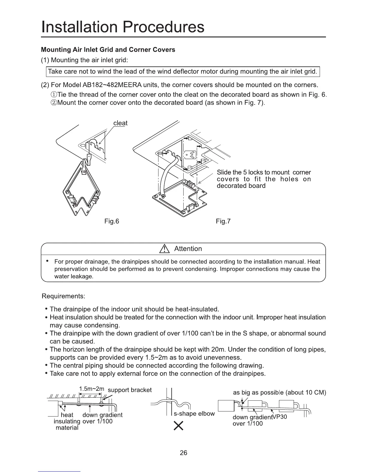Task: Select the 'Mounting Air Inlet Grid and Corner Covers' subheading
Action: [x=108, y=49]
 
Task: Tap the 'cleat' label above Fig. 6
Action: [x=121, y=123]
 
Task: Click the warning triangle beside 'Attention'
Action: [x=164, y=249]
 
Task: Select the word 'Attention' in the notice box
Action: [x=188, y=249]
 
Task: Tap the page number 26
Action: [x=183, y=453]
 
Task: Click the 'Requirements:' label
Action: [x=64, y=296]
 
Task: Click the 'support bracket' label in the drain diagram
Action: [x=129, y=390]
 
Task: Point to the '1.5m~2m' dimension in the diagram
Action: [x=91, y=389]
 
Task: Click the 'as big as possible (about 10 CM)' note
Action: [x=279, y=393]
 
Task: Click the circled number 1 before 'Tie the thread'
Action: [x=54, y=95]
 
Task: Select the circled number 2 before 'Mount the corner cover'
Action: [x=54, y=103]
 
